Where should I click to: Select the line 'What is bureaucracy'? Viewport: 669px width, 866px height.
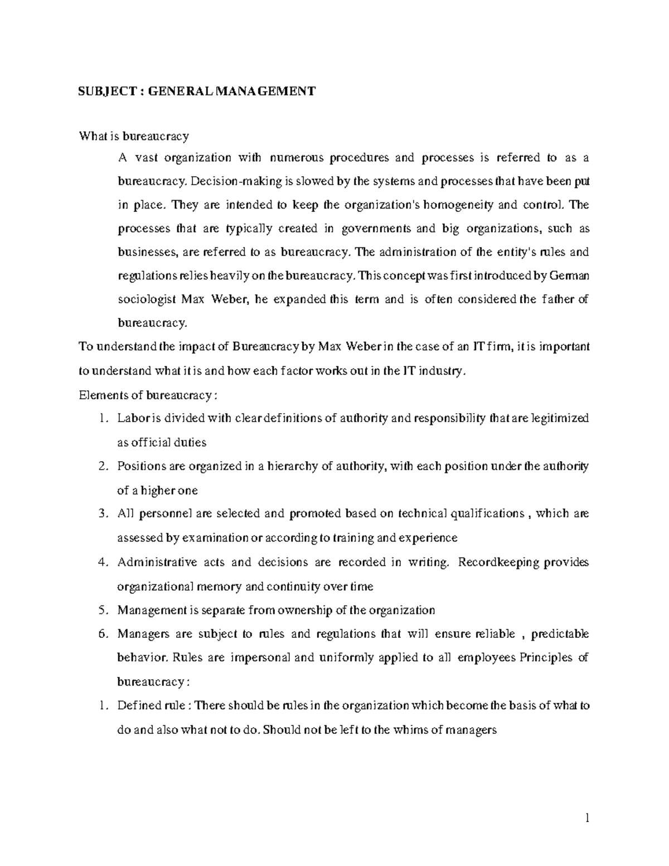[134, 136]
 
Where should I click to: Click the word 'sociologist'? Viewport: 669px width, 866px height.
[146, 299]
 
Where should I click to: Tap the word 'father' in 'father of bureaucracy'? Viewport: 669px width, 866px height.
[557, 299]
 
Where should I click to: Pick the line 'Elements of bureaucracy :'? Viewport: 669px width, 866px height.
[146, 395]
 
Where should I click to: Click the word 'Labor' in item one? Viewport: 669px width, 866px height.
[132, 418]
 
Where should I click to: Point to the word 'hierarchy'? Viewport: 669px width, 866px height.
[292, 466]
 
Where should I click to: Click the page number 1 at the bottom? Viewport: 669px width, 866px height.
[586, 819]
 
